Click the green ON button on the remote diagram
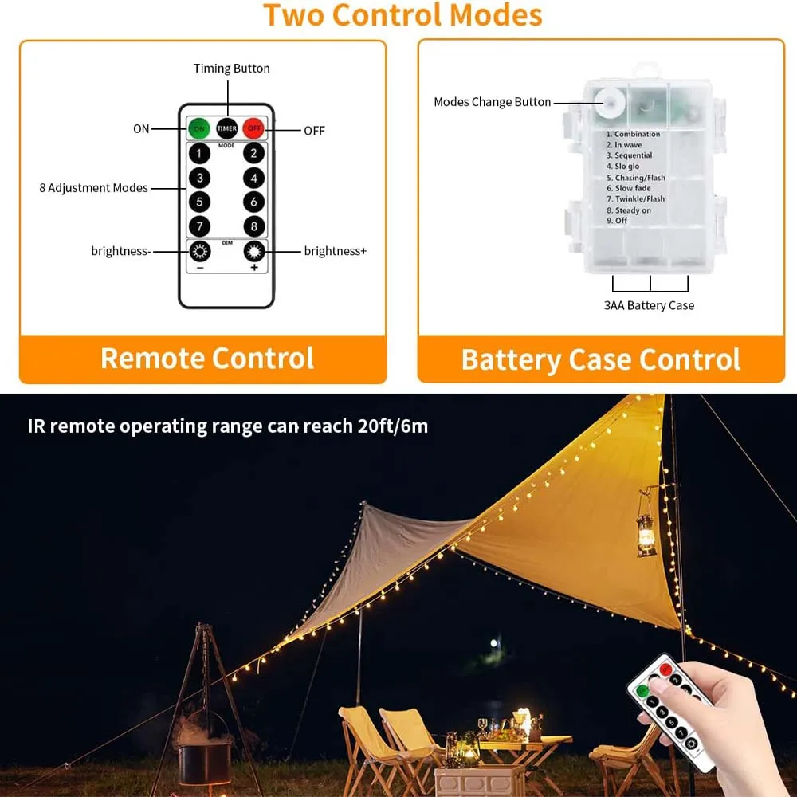point(199,128)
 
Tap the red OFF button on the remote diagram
point(253,128)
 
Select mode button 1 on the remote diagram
point(199,153)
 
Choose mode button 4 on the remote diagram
point(253,178)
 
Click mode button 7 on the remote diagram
point(199,226)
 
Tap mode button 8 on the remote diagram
point(253,226)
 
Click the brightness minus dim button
point(199,252)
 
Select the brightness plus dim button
point(253,252)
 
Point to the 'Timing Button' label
point(231,69)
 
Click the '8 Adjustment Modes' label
point(93,188)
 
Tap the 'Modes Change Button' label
point(492,102)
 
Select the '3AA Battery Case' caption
point(649,306)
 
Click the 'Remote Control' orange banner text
point(207,359)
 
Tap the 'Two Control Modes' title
point(402,15)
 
